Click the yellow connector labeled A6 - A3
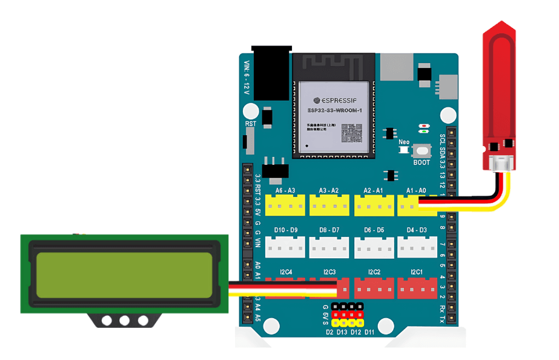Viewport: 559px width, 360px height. [285, 207]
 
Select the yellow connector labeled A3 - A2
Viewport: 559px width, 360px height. [329, 207]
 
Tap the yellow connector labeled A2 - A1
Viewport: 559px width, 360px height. [374, 207]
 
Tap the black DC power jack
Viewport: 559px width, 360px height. [270, 72]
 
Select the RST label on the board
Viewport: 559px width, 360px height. [251, 124]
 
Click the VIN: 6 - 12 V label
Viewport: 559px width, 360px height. [246, 79]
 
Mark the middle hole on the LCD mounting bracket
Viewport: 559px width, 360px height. [125, 320]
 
